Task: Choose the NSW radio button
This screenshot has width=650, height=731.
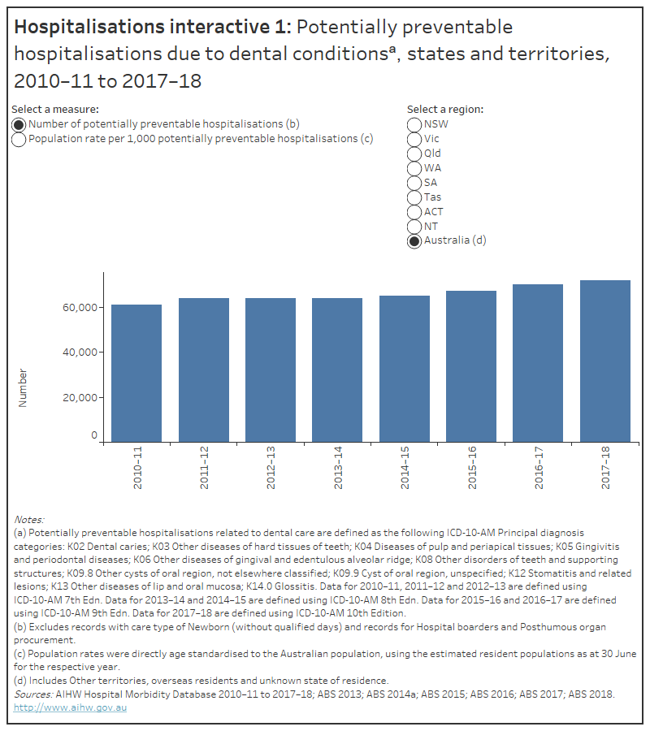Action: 414,125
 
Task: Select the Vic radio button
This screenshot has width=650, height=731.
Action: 414,140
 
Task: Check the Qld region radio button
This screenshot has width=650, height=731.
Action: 414,154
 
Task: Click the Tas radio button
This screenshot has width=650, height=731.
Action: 414,197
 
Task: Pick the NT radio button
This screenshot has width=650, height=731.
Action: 414,227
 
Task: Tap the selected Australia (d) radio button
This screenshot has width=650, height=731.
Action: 414,241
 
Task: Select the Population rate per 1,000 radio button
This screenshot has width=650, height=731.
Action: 19,139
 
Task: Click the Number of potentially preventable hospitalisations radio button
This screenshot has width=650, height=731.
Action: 19,125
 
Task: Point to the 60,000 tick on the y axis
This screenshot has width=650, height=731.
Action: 76,308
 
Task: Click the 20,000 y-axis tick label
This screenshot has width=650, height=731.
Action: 76,398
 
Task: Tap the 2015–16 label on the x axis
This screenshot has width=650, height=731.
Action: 471,468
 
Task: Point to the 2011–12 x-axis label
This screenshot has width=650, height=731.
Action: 204,468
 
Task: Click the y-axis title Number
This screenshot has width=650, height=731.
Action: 23,387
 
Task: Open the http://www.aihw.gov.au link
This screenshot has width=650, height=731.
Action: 71,707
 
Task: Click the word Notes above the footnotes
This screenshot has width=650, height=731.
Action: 29,519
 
